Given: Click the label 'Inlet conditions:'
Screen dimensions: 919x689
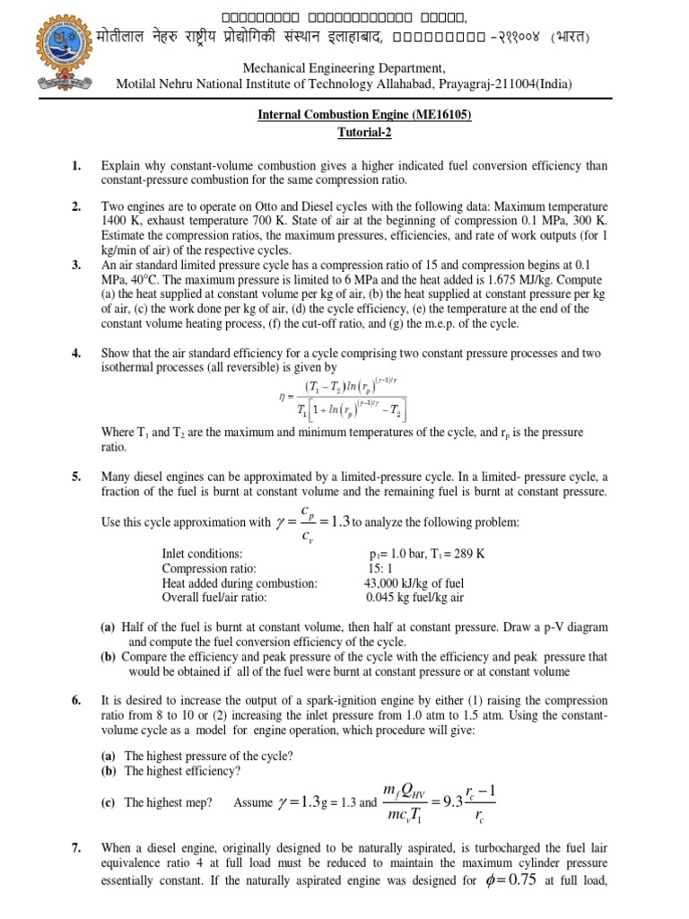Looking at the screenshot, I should coord(202,554).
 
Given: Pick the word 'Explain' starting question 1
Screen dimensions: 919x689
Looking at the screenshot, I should coord(120,166).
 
